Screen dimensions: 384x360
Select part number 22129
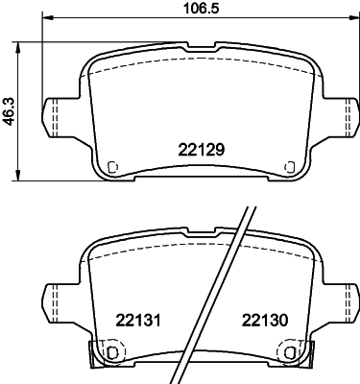pos(201,149)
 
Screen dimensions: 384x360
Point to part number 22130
pos(265,322)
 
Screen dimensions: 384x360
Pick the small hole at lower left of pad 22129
pos(113,164)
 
